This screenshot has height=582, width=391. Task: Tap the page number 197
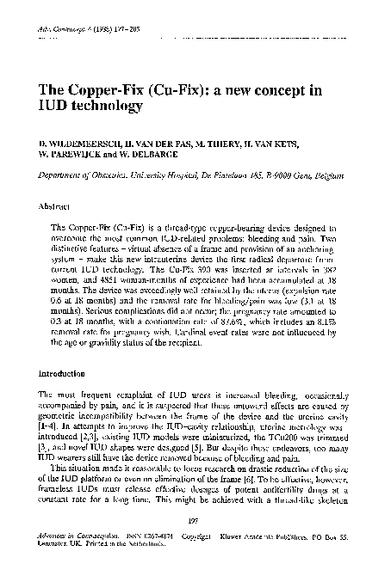195,520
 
